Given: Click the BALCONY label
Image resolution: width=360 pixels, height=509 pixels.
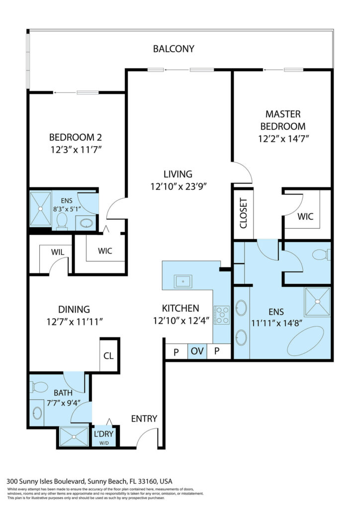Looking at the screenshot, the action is point(174,49).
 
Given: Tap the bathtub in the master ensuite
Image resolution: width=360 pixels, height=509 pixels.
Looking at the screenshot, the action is point(305,341).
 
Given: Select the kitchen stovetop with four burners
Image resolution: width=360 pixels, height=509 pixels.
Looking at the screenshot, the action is point(222,315).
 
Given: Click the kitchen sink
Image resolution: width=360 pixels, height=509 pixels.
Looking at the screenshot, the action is point(183,281).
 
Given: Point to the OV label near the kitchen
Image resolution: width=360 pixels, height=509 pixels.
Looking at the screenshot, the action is point(197,351).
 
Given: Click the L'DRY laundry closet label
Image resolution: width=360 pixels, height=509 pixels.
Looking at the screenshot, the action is point(103,433).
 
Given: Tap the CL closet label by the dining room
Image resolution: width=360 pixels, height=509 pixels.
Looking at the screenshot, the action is point(108,356).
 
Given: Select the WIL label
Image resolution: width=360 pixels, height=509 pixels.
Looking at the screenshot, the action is point(58,252).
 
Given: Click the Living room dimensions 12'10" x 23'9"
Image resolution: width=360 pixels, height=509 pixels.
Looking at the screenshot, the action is point(179,187).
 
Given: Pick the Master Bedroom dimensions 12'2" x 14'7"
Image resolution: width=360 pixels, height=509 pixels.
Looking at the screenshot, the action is point(283,139).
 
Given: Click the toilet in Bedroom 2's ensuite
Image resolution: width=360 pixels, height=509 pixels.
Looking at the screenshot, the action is point(62,221).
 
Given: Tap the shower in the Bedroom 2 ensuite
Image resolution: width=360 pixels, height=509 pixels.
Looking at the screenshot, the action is point(41,209).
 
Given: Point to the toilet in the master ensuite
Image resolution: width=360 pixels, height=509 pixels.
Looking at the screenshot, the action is point(321,254).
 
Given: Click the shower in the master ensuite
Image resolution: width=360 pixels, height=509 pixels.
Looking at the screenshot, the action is point(317,302).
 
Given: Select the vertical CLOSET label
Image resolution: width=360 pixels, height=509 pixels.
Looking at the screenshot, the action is point(244,213).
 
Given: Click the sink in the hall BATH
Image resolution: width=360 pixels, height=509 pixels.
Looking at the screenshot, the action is point(37,413).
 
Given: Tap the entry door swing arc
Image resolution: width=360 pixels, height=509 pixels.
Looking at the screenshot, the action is point(145,434).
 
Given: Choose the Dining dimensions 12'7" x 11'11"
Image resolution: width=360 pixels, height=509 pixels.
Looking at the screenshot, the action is point(75,322).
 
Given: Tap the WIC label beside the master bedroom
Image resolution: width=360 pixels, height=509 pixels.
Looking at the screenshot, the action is point(305,216).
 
